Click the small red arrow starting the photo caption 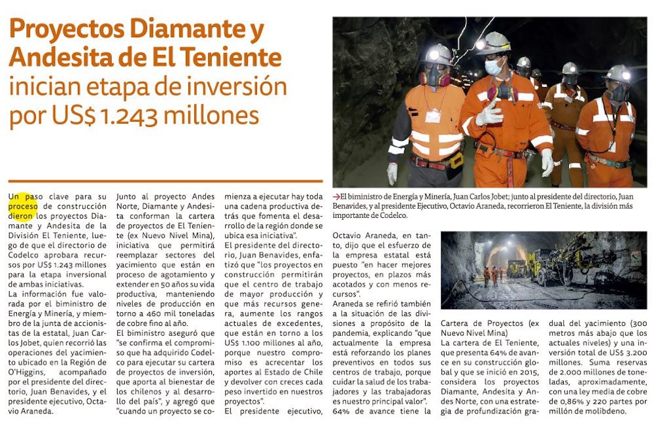[x=336, y=196]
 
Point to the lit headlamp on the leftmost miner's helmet [x=434, y=56]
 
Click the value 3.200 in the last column [x=630, y=351]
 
